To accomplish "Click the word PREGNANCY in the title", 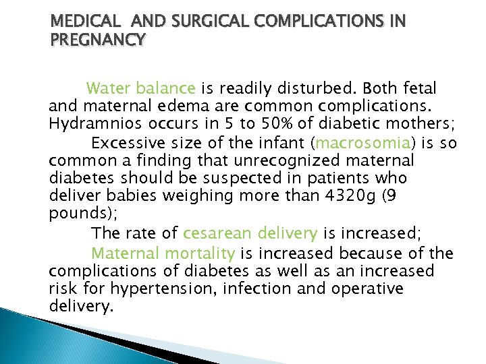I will [97, 40].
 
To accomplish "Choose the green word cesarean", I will [215, 234].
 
